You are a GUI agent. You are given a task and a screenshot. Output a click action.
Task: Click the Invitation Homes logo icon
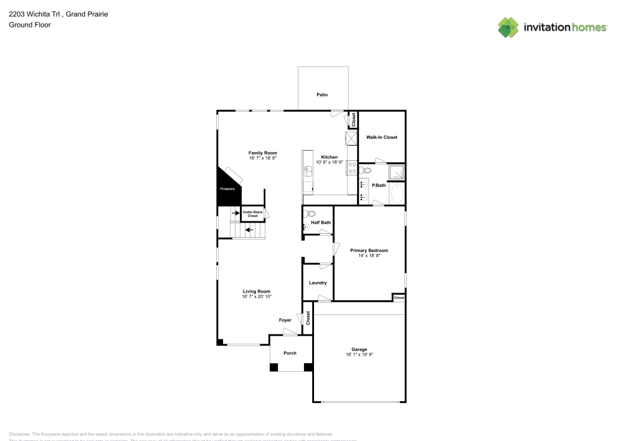[x=508, y=27]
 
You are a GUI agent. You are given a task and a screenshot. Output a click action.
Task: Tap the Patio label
[x=322, y=95]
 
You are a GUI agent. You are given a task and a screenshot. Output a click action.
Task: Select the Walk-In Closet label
[x=381, y=137]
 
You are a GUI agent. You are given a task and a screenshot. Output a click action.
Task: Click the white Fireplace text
[x=227, y=188]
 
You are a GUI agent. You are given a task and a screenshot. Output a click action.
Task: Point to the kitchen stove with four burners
[x=351, y=167]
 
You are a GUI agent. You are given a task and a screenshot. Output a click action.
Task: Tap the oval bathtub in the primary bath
[x=397, y=193]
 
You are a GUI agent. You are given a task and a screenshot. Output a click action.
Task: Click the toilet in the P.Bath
[x=366, y=170]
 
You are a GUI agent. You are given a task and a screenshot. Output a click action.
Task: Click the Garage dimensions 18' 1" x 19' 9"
[x=359, y=354]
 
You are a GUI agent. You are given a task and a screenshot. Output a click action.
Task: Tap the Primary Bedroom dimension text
[x=369, y=255]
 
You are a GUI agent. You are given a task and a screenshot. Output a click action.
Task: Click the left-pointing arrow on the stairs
[x=249, y=230]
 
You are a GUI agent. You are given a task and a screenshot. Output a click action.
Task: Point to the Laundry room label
[x=318, y=283]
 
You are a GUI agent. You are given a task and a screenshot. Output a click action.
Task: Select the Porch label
[x=290, y=353]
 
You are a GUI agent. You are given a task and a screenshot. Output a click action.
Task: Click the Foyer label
[x=285, y=320]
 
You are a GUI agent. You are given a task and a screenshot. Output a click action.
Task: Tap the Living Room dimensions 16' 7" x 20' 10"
[x=257, y=296]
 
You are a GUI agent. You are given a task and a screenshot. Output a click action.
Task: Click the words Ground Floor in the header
[x=30, y=25]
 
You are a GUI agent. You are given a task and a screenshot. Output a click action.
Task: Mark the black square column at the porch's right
[x=308, y=367]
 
